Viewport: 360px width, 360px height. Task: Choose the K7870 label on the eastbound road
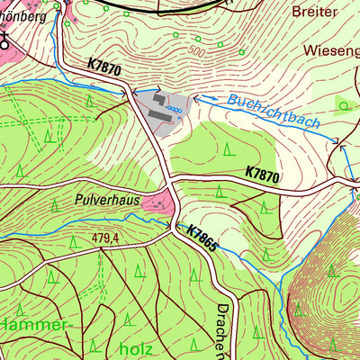(x=263, y=174)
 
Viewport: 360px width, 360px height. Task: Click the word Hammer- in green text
(x=34, y=323)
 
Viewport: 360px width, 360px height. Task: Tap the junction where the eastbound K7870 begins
(x=171, y=177)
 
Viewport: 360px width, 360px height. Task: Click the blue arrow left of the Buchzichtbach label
(x=201, y=100)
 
